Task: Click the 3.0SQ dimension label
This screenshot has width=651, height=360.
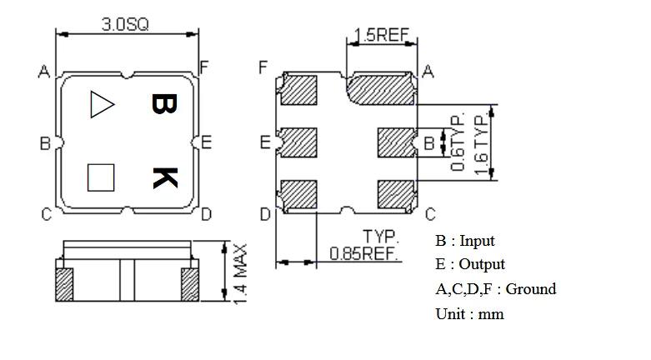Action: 125,24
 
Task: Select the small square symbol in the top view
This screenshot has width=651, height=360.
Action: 101,177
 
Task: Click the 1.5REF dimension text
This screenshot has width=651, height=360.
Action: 381,35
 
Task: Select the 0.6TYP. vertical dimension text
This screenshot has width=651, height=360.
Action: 458,142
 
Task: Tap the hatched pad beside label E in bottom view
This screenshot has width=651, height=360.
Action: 301,142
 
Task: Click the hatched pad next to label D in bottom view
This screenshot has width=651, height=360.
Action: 301,195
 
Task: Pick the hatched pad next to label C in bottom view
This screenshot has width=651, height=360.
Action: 397,195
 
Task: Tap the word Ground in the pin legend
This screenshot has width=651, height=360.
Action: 530,289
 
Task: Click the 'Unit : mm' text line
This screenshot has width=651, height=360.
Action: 469,314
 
